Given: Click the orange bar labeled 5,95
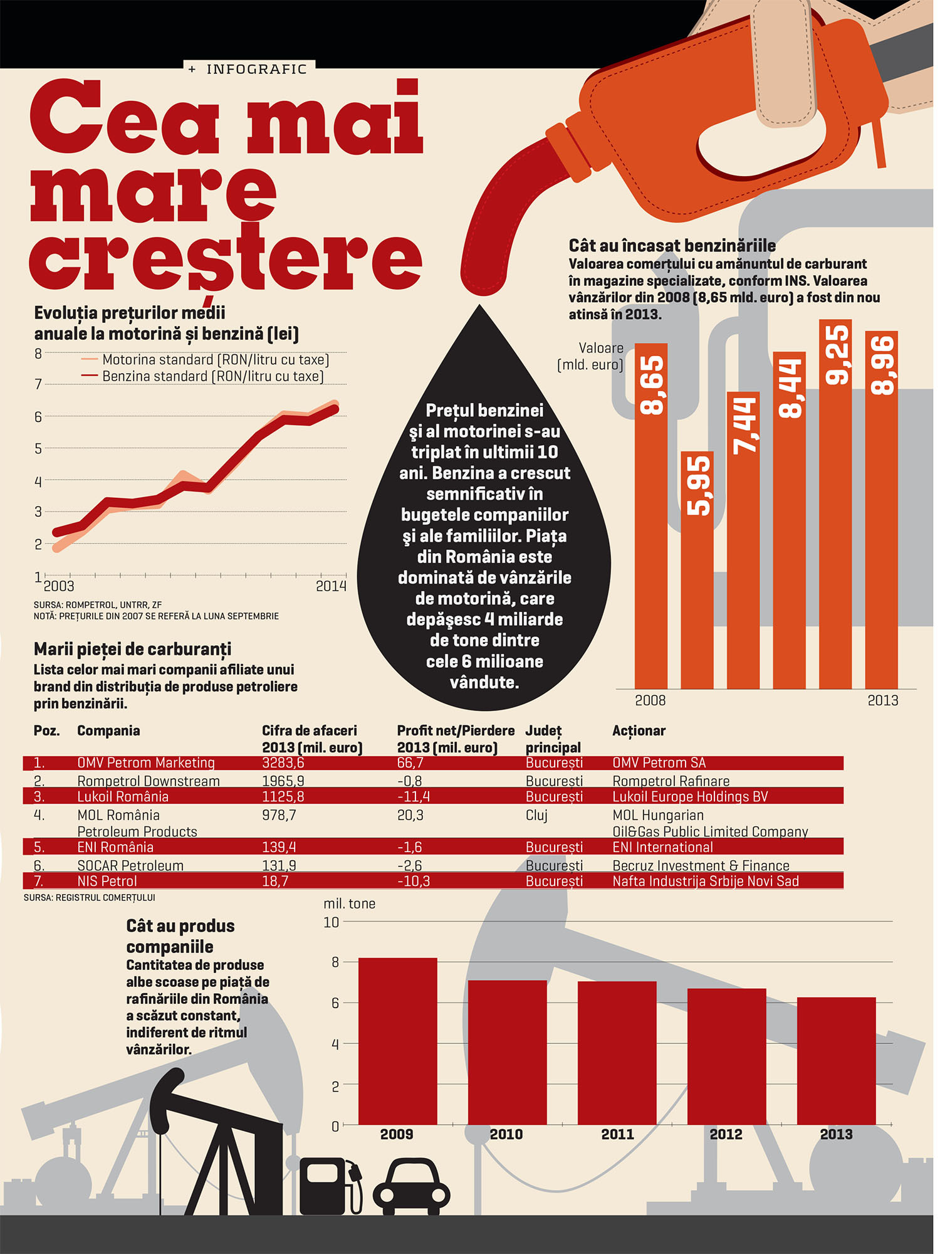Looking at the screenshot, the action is pyautogui.click(x=697, y=570).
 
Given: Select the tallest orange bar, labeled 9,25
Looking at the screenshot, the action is pyautogui.click(x=835, y=504).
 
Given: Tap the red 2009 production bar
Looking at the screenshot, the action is pyautogui.click(x=398, y=1041).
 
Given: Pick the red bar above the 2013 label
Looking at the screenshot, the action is pyautogui.click(x=836, y=1061).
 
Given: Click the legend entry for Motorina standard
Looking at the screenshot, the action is pyautogui.click(x=205, y=360).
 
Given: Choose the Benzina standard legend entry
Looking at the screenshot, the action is pyautogui.click(x=202, y=376).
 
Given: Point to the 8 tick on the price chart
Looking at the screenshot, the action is pyautogui.click(x=38, y=354).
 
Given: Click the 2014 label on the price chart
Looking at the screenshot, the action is pyautogui.click(x=331, y=586).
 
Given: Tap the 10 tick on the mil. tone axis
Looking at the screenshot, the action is pyautogui.click(x=332, y=922).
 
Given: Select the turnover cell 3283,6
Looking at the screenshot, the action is pyautogui.click(x=283, y=763).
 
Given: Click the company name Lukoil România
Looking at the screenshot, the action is pyautogui.click(x=123, y=797).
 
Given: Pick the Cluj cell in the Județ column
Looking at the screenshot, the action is pyautogui.click(x=536, y=815).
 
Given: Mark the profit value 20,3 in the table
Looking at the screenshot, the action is pyautogui.click(x=410, y=815).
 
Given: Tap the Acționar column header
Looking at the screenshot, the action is pyautogui.click(x=639, y=730).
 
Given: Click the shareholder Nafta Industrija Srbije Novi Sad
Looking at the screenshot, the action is pyautogui.click(x=706, y=881).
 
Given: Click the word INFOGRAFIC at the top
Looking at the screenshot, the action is pyautogui.click(x=257, y=69).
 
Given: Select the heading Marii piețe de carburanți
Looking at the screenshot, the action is pyautogui.click(x=133, y=650).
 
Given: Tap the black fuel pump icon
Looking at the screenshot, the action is pyautogui.click(x=331, y=1186).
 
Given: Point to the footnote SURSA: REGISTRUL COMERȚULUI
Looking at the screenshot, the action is pyautogui.click(x=90, y=898).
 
